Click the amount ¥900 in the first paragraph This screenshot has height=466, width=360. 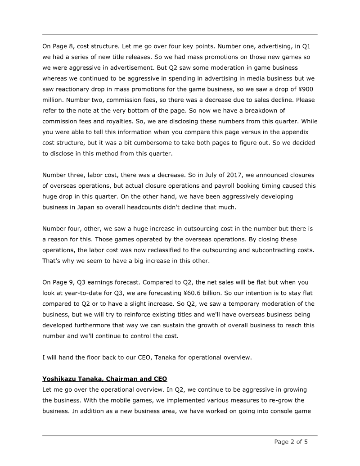pos(305,89)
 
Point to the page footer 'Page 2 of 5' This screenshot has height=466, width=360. pos(291,442)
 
